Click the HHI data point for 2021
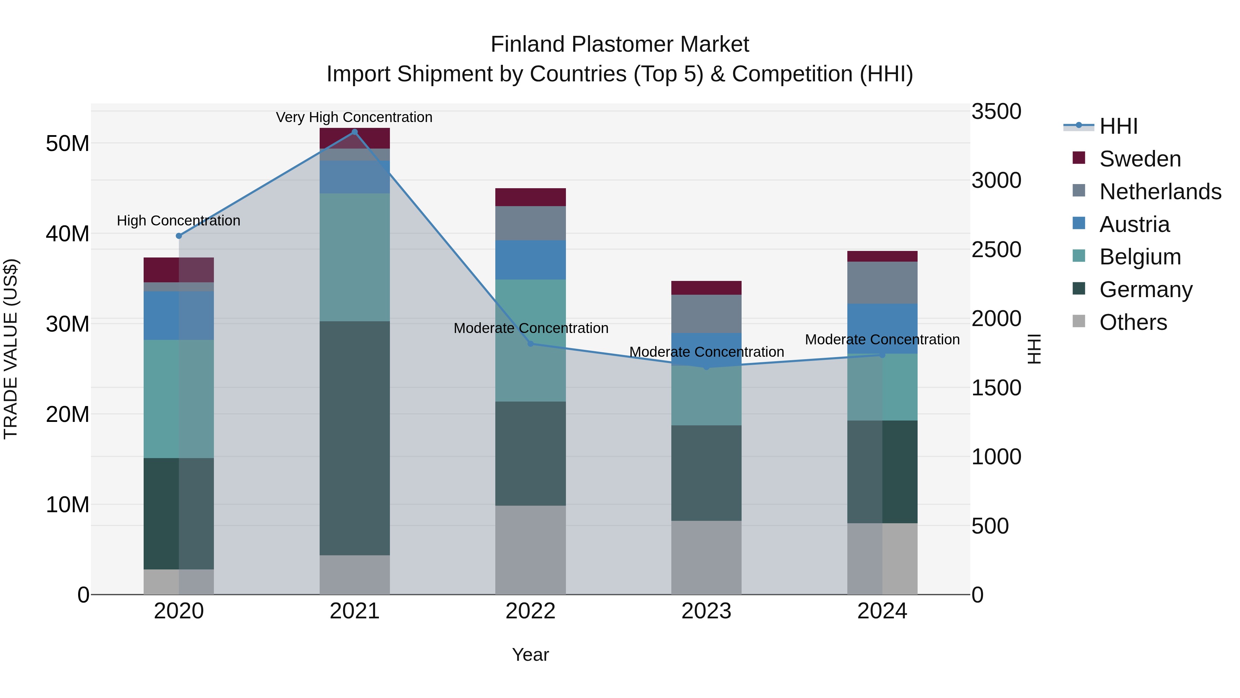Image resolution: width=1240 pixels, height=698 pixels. (x=355, y=132)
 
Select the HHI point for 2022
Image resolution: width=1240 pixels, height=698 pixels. (x=530, y=343)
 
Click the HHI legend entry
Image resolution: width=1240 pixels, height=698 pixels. (x=1118, y=126)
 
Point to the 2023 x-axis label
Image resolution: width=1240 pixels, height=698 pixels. (x=706, y=611)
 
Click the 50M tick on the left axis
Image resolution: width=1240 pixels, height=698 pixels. (x=68, y=143)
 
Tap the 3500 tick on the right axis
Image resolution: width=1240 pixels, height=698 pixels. (x=996, y=111)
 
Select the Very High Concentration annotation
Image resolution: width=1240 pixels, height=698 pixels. (x=354, y=117)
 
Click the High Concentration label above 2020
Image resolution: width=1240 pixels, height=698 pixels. (x=178, y=221)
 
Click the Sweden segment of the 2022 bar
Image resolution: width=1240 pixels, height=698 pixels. (x=530, y=198)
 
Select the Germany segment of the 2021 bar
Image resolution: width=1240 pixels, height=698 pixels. (x=355, y=438)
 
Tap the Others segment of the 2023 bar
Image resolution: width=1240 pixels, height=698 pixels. (x=706, y=557)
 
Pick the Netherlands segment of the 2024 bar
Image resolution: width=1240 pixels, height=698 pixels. (x=882, y=283)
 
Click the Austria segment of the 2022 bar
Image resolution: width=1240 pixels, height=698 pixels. (x=530, y=260)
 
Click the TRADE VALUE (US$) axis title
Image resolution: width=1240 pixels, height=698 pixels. (x=11, y=349)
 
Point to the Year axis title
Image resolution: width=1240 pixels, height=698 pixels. (x=530, y=655)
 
